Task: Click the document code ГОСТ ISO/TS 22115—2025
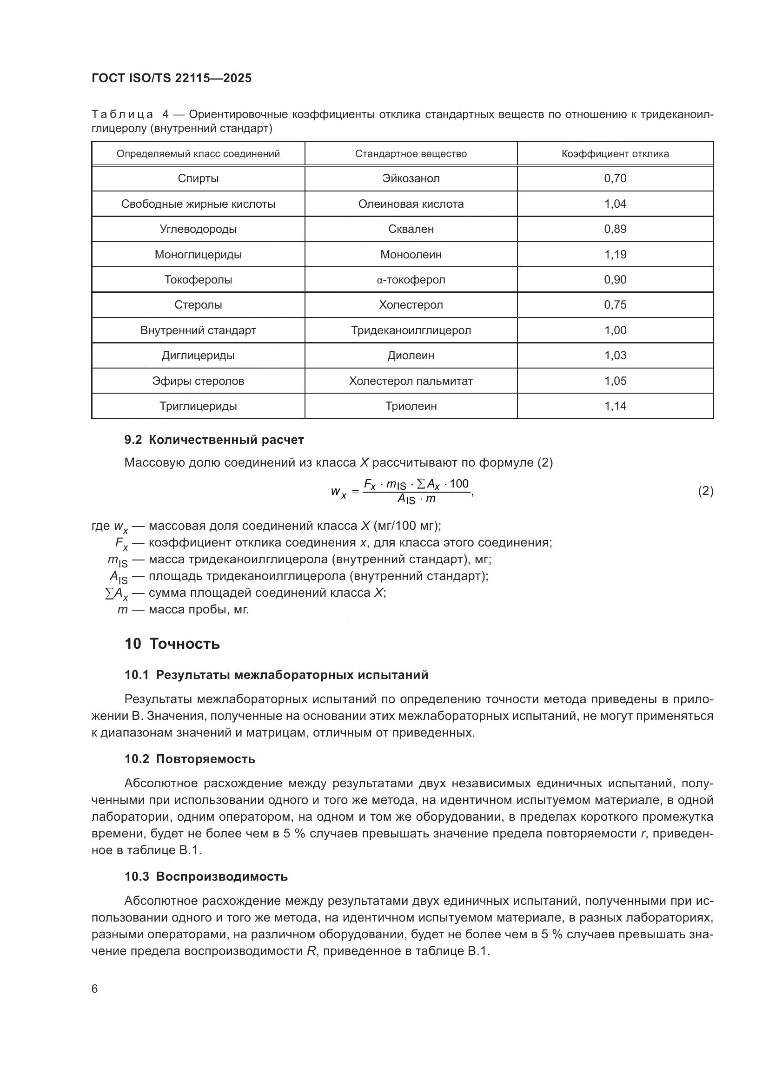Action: point(172,78)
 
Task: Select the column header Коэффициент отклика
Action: point(615,154)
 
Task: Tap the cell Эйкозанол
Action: point(411,178)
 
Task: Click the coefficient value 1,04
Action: point(615,204)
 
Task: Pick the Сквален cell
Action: point(411,229)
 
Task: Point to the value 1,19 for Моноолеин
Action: point(615,255)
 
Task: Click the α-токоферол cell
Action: point(411,280)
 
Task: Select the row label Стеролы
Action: point(198,305)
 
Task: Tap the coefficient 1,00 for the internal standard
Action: point(615,330)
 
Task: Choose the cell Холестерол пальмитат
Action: point(411,381)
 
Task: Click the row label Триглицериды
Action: point(198,406)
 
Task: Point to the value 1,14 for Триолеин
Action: point(615,406)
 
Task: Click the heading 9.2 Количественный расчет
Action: point(214,440)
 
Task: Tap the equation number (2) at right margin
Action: point(705,491)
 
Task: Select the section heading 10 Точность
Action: point(172,644)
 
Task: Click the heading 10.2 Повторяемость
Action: point(189,759)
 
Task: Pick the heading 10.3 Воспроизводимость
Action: point(206,877)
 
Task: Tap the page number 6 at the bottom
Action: point(95,989)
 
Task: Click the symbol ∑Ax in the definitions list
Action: point(116,593)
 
